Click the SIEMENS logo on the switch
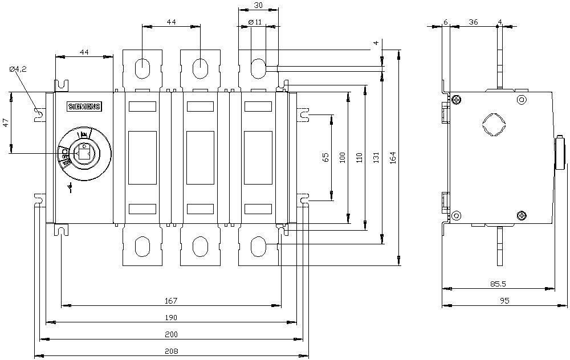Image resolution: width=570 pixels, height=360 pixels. click(84, 107)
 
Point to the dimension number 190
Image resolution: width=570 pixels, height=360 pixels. click(172, 317)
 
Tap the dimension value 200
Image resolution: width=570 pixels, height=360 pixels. click(172, 334)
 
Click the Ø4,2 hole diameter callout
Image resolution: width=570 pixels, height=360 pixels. click(18, 69)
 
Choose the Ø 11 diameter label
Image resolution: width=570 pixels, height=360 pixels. click(255, 22)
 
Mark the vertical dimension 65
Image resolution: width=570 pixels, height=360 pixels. click(326, 158)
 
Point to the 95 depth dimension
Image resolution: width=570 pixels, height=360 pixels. click(504, 300)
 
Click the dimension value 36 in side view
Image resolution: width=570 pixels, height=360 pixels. click(473, 22)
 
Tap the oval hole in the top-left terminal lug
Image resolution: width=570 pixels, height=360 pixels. click(142, 68)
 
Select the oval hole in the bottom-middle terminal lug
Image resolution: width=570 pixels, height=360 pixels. click(200, 247)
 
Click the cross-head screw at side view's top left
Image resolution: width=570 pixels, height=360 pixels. click(457, 100)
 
